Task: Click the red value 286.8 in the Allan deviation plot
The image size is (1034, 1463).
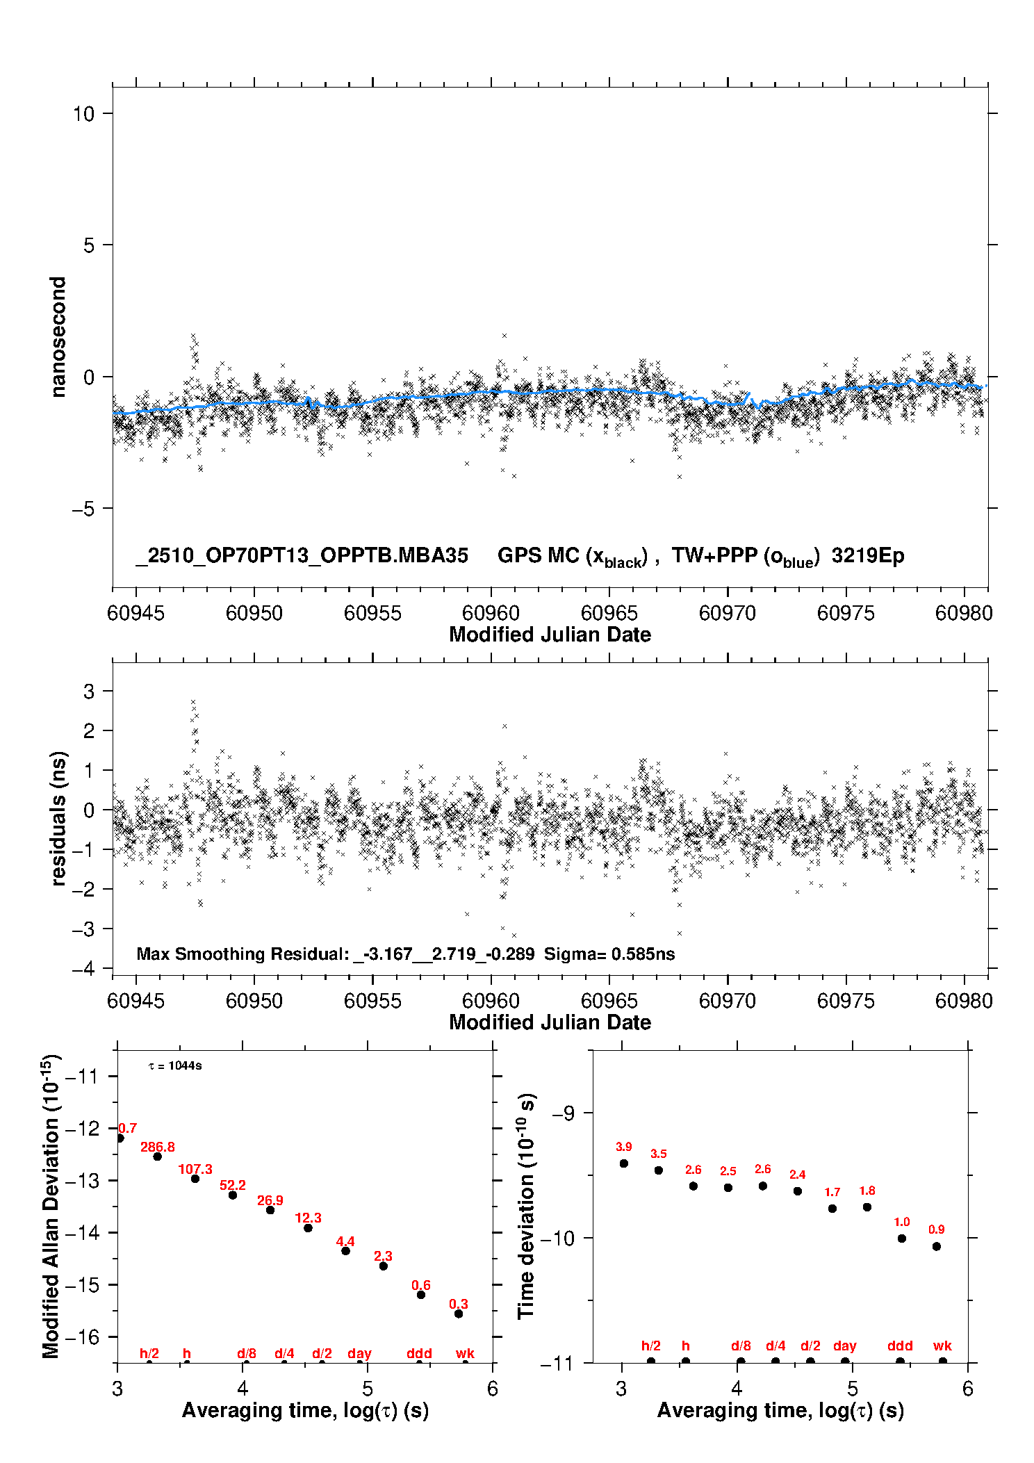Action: [158, 1147]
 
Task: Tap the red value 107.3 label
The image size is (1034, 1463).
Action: [195, 1169]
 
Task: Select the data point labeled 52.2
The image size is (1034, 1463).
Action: [233, 1195]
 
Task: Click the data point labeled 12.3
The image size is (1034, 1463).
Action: [308, 1227]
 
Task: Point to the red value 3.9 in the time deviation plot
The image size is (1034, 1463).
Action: [624, 1147]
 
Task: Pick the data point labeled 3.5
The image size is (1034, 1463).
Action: [659, 1170]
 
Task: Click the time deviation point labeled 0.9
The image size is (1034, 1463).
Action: [937, 1246]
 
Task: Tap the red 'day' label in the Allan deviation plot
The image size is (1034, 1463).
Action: [359, 1353]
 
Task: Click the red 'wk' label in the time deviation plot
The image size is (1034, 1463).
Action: [942, 1346]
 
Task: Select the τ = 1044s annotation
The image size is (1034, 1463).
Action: [175, 1066]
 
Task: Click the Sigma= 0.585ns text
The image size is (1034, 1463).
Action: [609, 954]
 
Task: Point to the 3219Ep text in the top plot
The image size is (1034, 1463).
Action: [868, 555]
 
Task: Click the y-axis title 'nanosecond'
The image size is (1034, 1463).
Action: [58, 336]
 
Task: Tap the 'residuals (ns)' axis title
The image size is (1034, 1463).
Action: [58, 818]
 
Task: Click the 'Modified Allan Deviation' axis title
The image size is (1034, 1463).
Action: [51, 1206]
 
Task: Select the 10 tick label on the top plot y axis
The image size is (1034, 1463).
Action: [83, 113]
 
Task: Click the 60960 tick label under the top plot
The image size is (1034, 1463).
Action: [491, 613]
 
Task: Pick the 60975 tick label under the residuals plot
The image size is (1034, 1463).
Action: [846, 1001]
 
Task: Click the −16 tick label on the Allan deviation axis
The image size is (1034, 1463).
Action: [82, 1336]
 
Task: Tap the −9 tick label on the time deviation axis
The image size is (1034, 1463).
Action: [563, 1113]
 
